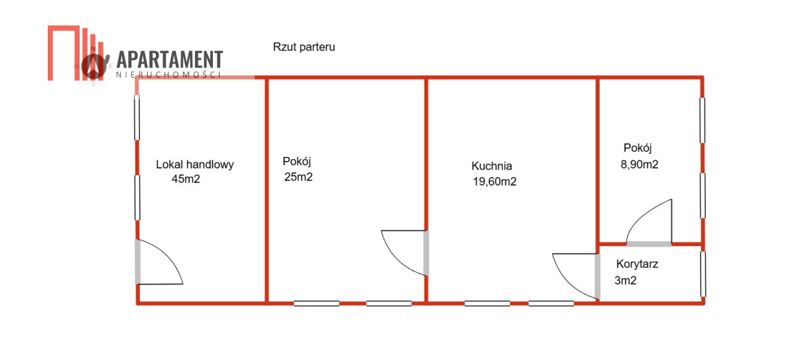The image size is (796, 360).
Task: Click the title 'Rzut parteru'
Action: click(x=304, y=47)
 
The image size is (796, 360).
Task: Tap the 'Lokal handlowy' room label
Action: click(x=195, y=164)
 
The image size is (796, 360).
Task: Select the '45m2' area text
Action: click(x=186, y=178)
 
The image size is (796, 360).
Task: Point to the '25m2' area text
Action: click(x=297, y=177)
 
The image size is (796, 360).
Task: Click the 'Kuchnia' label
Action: click(x=492, y=166)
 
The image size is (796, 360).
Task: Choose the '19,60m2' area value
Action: click(x=494, y=182)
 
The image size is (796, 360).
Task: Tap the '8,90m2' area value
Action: click(x=639, y=165)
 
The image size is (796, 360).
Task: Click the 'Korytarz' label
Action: click(x=637, y=264)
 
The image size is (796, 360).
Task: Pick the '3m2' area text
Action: click(x=626, y=280)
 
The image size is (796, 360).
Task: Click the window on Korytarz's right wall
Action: click(x=703, y=274)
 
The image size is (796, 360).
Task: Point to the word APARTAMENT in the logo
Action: click(x=170, y=60)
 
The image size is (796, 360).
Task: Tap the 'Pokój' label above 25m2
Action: click(x=297, y=161)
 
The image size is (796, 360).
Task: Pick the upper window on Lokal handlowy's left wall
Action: click(x=137, y=117)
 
